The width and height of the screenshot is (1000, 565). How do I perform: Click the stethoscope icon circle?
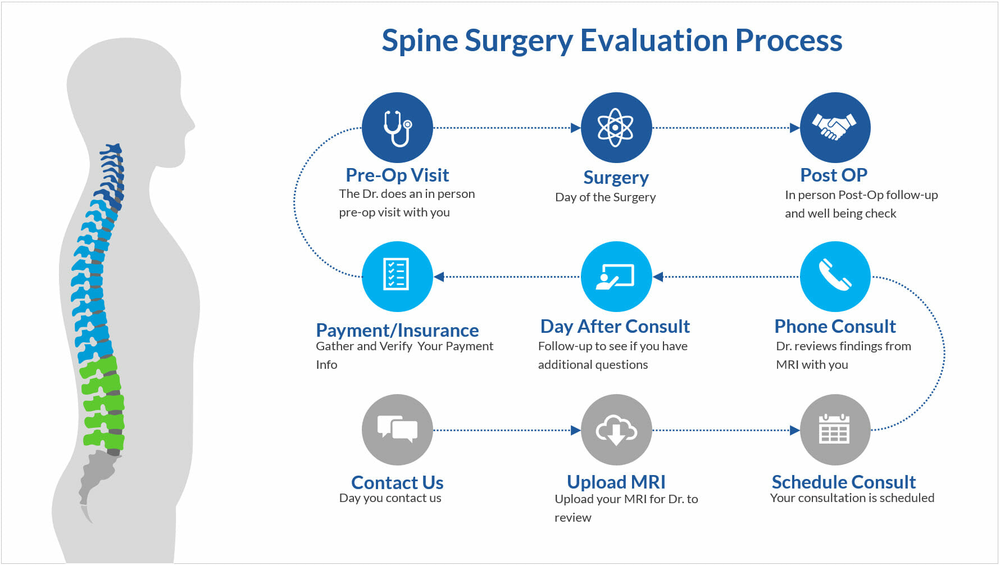pyautogui.click(x=397, y=128)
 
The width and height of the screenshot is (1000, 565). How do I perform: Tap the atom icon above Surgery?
pyautogui.click(x=616, y=128)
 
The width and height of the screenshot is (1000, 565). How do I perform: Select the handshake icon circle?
pyautogui.click(x=835, y=128)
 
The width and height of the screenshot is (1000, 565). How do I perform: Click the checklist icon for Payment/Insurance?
pyautogui.click(x=397, y=276)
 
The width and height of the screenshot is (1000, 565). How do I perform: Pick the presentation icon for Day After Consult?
pyautogui.click(x=616, y=276)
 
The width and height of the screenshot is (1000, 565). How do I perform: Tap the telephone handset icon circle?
pyautogui.click(x=835, y=276)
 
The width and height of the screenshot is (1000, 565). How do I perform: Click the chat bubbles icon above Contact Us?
pyautogui.click(x=397, y=430)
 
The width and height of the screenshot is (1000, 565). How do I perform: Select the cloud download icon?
pyautogui.click(x=616, y=430)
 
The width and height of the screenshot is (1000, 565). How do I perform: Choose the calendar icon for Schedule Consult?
pyautogui.click(x=835, y=430)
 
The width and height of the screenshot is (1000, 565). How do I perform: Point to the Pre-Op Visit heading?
pyautogui.click(x=397, y=175)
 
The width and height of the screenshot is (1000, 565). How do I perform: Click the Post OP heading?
pyautogui.click(x=834, y=175)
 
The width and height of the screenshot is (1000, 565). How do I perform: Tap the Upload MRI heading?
pyautogui.click(x=616, y=482)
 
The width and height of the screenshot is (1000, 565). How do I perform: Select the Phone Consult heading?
pyautogui.click(x=835, y=327)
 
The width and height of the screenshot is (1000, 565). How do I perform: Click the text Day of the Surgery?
pyautogui.click(x=605, y=197)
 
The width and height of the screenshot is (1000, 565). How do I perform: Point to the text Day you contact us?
pyautogui.click(x=390, y=498)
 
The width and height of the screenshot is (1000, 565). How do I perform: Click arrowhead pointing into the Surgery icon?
pyautogui.click(x=575, y=128)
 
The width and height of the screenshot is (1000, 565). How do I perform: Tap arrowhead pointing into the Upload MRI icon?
pyautogui.click(x=575, y=430)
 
